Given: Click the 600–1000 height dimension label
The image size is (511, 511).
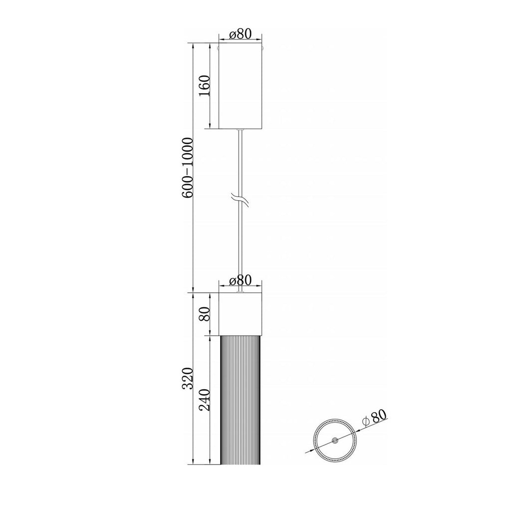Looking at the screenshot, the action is tap(188, 168).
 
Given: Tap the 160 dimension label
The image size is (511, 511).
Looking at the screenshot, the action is tap(204, 85).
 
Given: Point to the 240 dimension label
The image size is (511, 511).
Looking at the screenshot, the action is tap(204, 400).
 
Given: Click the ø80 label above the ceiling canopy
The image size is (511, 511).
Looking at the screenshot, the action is tap(240, 33).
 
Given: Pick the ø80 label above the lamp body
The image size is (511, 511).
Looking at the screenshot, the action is tap(240, 279).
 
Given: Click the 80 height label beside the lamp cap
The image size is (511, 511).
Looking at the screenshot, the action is tap(204, 314).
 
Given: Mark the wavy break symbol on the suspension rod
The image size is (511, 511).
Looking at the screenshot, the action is tap(240, 200).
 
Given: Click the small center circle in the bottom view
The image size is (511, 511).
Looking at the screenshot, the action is tap(335, 441).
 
